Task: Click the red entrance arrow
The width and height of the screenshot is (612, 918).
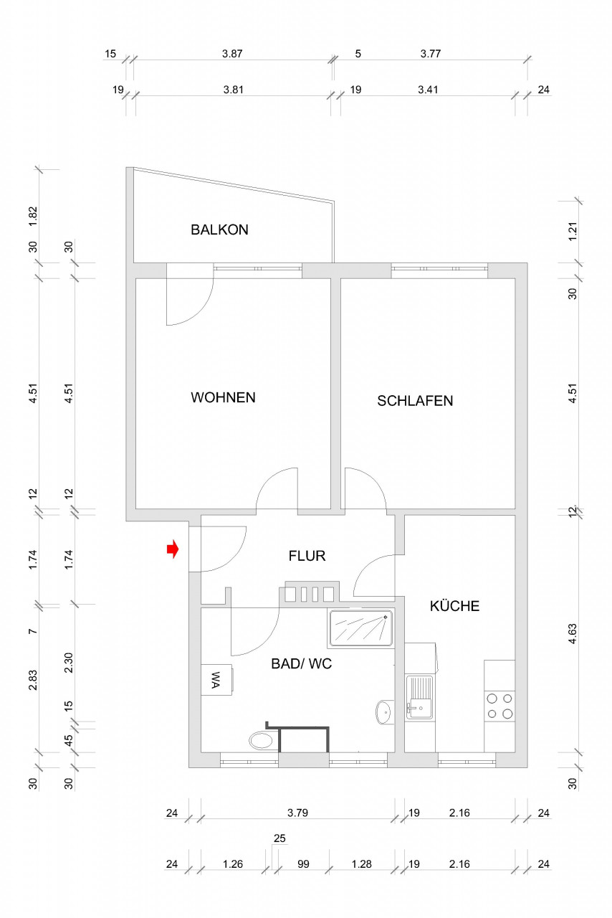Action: [x=172, y=550]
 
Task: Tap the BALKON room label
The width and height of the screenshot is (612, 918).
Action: [x=219, y=230]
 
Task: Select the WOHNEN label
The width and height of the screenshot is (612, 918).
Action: [x=223, y=397]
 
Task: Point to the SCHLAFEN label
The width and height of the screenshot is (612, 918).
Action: [x=415, y=401]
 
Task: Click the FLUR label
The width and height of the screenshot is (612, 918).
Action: [x=307, y=556]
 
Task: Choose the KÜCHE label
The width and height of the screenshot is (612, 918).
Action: [x=454, y=606]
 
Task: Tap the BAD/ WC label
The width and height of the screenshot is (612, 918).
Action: [x=301, y=664]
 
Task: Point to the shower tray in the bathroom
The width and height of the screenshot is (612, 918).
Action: [x=360, y=628]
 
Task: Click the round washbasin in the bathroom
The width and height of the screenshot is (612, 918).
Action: [x=384, y=712]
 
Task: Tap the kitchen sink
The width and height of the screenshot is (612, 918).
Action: [x=420, y=696]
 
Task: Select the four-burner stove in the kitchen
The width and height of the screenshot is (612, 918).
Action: [x=499, y=705]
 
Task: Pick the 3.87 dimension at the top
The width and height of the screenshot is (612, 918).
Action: [x=233, y=54]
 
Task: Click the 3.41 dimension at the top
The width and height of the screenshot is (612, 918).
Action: [x=428, y=90]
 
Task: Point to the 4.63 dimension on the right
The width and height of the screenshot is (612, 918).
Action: [x=572, y=634]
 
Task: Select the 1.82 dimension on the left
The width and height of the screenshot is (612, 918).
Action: [x=32, y=216]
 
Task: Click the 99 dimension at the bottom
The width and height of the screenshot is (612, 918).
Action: [x=303, y=865]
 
